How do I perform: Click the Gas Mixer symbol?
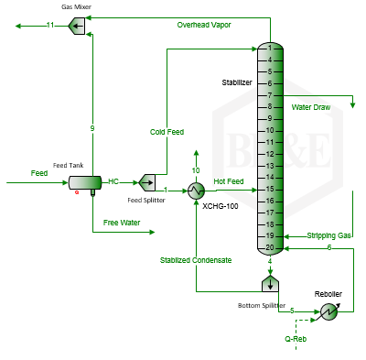[x=77, y=26]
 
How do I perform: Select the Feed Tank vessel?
[x=85, y=182]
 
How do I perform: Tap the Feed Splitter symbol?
[x=147, y=182]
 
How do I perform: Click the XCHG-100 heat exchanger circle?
[x=196, y=191]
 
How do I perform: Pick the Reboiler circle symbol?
[x=329, y=311]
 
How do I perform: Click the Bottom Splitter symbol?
[x=270, y=283]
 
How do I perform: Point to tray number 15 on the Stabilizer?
[x=270, y=189]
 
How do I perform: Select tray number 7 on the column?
[x=270, y=95]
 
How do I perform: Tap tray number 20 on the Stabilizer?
[x=270, y=247]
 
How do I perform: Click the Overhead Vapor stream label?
[x=204, y=25]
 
